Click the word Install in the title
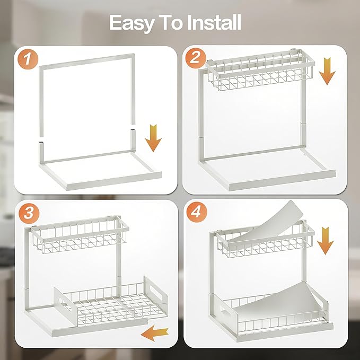tap(214, 23)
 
